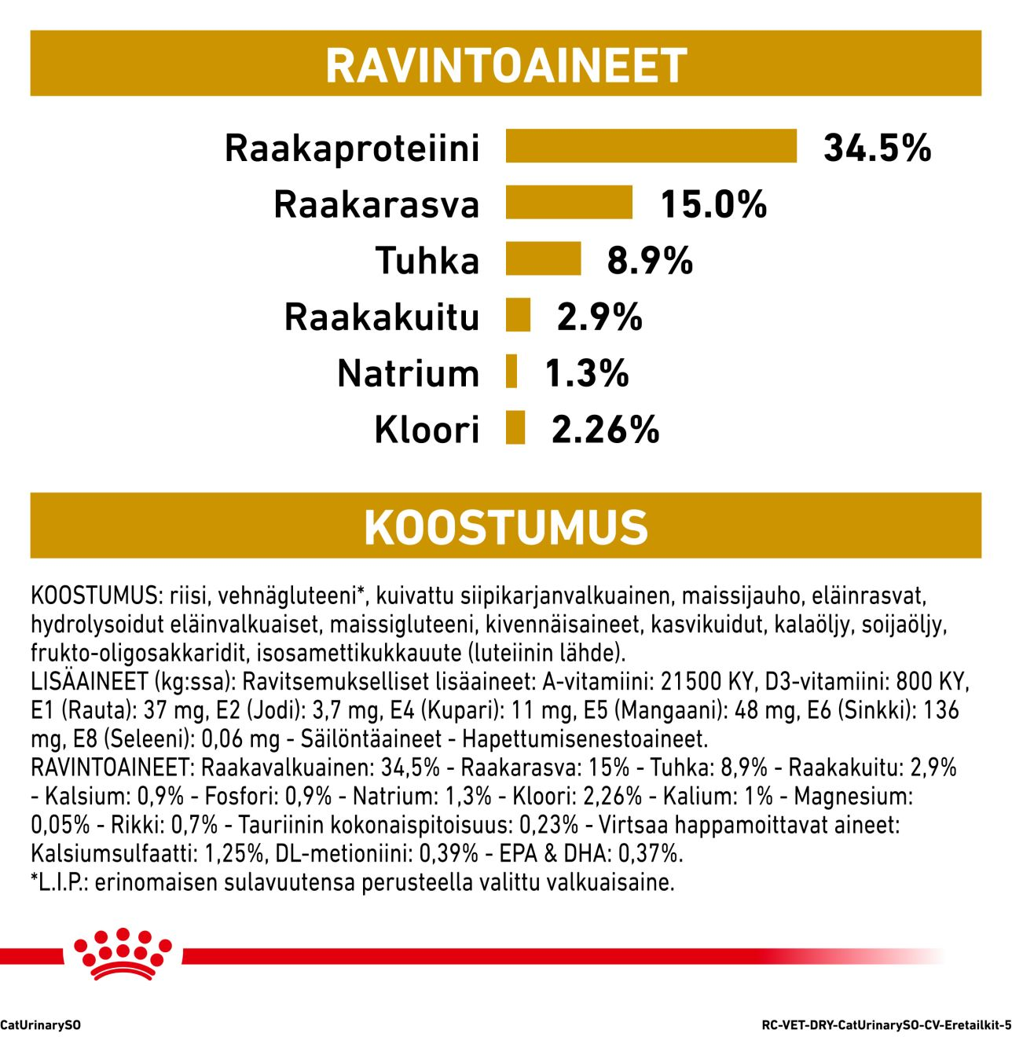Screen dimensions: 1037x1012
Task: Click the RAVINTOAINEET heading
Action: click(506, 65)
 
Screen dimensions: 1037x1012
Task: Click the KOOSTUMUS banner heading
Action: click(506, 527)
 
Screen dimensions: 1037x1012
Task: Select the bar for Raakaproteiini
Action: click(651, 147)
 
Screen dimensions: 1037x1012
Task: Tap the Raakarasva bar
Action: click(569, 203)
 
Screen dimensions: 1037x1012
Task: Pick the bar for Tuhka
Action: click(543, 259)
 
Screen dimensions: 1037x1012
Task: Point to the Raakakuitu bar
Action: click(518, 316)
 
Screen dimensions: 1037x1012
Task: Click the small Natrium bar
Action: click(511, 372)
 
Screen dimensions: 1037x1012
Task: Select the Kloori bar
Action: click(515, 428)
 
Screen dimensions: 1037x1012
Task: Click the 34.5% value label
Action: click(877, 148)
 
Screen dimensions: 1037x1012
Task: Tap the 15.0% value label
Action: click(713, 204)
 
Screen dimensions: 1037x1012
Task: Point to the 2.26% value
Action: click(605, 430)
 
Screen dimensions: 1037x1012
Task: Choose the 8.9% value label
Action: click(650, 260)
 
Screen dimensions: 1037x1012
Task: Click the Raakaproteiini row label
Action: click(352, 148)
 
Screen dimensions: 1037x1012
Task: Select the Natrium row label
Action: click(408, 373)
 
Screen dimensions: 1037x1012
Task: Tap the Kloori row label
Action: click(427, 430)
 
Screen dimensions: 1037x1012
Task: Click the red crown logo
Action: click(122, 955)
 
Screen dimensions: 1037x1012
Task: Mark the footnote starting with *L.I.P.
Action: click(352, 882)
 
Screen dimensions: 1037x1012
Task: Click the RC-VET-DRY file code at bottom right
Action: click(886, 1025)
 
